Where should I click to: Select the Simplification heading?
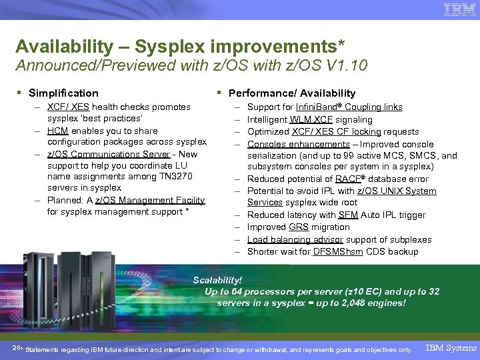tap(63, 93)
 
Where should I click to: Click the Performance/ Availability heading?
tap(292, 93)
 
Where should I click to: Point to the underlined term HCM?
tap(57, 131)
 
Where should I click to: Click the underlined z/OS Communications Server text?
tap(109, 154)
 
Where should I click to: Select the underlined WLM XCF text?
tap(311, 119)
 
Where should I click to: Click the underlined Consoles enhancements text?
tap(298, 144)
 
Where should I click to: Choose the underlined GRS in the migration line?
tap(298, 227)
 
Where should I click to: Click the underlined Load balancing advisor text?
tap(295, 239)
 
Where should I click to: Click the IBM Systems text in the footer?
tap(451, 348)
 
